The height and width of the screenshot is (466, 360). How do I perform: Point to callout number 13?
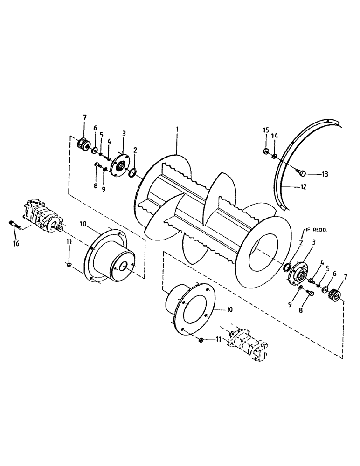324,175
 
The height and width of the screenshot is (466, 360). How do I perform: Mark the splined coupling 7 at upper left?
84,143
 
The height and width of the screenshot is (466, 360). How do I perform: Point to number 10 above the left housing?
83,224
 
